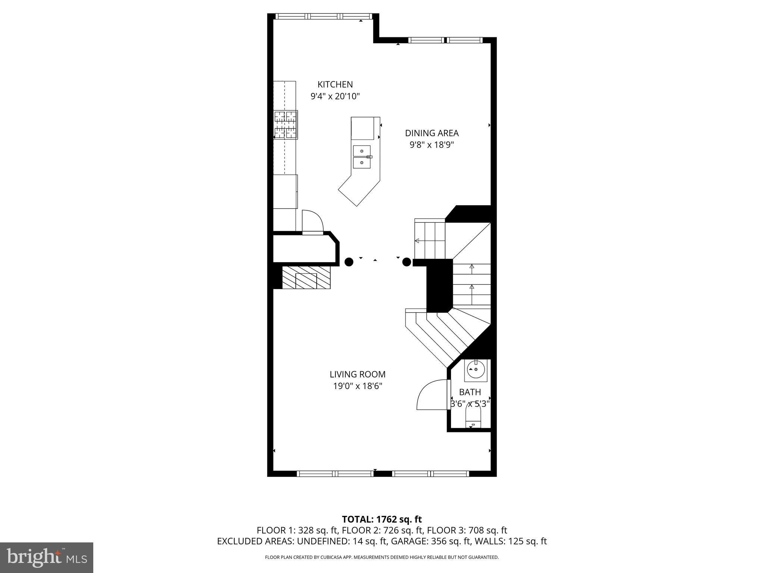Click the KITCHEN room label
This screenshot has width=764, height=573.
(x=335, y=85)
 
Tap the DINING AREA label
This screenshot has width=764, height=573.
(x=432, y=133)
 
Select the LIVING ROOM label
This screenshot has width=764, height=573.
(x=357, y=374)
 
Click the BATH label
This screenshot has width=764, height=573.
(x=470, y=392)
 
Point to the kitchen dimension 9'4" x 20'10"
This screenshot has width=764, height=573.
(x=335, y=97)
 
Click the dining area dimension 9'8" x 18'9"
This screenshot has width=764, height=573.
(x=432, y=145)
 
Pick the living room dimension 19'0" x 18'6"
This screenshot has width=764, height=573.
(x=358, y=386)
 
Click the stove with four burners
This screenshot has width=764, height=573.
(x=286, y=125)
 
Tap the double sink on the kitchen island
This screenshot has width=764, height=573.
(x=362, y=157)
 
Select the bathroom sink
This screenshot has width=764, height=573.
(x=475, y=370)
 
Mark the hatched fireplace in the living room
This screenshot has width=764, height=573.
(x=306, y=277)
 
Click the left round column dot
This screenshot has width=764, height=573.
(x=349, y=262)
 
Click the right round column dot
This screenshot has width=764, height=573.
(x=407, y=262)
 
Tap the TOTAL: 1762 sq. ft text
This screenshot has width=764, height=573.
(x=382, y=519)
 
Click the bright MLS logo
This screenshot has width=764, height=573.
(x=47, y=557)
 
